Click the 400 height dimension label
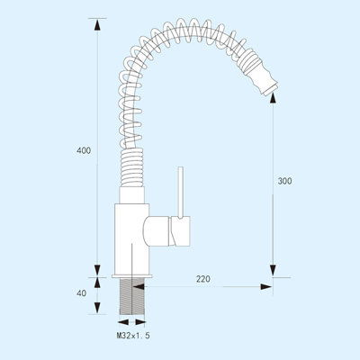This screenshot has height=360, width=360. click(84, 150)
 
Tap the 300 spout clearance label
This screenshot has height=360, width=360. click(284, 181)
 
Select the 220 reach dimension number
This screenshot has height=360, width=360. click(203, 279)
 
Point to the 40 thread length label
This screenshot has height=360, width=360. click(81, 293)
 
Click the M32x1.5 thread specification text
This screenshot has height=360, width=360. click(133, 336)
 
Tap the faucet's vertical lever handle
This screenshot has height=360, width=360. click(181, 193)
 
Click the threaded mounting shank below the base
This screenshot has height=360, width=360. click(132, 296)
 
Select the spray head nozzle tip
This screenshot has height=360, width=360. click(271, 90)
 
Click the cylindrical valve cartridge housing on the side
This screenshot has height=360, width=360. click(166, 231)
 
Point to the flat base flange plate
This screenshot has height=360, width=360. click(132, 276)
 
